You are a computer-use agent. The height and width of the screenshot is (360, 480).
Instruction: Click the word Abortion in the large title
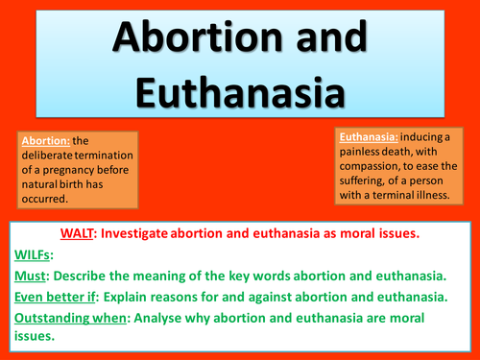point(189,39)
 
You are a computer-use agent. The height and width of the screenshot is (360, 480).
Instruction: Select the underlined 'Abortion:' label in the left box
point(44,140)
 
